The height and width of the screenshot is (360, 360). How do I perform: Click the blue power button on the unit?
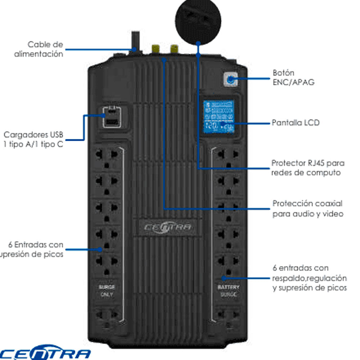tap(231, 80)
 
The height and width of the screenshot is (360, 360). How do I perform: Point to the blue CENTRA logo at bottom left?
tap(45, 354)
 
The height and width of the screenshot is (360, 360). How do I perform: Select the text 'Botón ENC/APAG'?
tap(293, 77)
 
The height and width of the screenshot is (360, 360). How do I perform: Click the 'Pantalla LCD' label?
tap(295, 123)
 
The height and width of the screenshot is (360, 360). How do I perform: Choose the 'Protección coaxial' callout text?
tap(307, 209)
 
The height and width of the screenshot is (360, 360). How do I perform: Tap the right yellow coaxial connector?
tap(174, 49)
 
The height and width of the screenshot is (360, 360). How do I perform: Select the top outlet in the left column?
tap(107, 158)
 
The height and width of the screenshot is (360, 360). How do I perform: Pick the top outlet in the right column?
tap(228, 158)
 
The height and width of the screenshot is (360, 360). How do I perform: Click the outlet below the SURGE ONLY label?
tap(107, 317)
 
